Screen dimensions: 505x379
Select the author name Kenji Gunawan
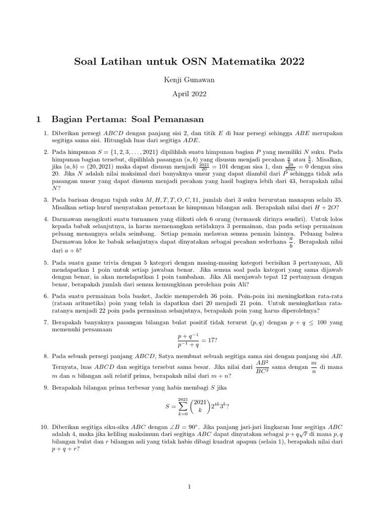point(189,80)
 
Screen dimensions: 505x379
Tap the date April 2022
point(189,94)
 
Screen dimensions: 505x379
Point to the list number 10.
point(44,427)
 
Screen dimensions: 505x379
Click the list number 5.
point(46,265)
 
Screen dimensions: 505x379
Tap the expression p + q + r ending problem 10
point(64,449)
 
